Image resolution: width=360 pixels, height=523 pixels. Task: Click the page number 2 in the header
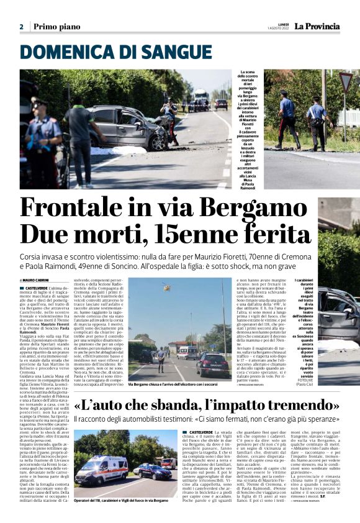coord(21,27)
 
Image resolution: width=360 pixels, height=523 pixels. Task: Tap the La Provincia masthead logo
coord(317,26)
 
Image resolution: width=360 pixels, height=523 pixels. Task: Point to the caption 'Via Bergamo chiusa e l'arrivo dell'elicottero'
coord(177,384)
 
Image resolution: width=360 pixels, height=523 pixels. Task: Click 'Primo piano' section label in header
coord(56,27)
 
